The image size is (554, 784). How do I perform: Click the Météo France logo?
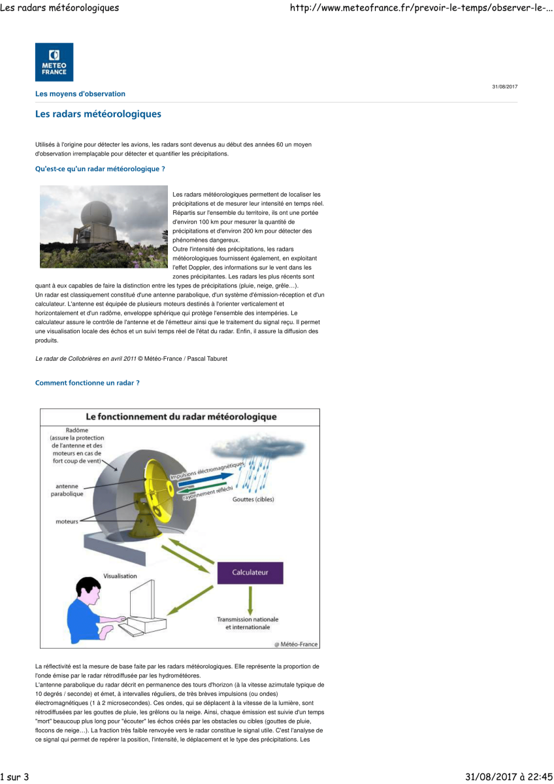pos(54,62)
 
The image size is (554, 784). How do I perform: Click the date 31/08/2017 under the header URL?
pos(504,87)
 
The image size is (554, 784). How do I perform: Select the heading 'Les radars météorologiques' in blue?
pos(98,114)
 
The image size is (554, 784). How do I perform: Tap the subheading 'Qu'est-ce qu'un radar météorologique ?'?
pos(100,169)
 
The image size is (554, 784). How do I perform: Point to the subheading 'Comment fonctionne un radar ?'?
pos(87,382)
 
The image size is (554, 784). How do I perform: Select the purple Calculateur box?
pos(250,572)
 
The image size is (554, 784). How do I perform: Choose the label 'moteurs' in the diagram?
pos(67,521)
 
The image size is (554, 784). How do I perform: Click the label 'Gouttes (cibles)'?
pos(253,500)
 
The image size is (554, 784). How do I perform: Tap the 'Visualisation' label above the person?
pos(120,576)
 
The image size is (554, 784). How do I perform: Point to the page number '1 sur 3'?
pos(15,777)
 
